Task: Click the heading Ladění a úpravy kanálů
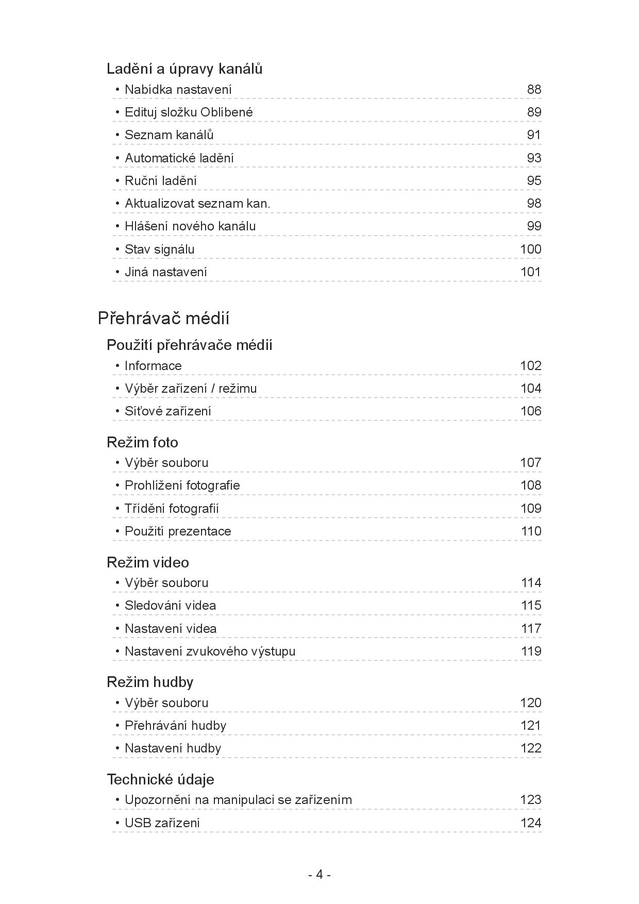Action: tap(184, 69)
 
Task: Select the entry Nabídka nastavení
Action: tap(178, 90)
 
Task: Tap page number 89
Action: tap(534, 112)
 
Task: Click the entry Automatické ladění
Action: tap(179, 158)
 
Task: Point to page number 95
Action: tap(534, 181)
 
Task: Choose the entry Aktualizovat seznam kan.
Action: tap(197, 204)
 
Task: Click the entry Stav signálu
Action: tap(159, 249)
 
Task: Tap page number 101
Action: tap(530, 272)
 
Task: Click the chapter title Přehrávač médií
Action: tap(163, 319)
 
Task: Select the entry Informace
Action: tap(153, 366)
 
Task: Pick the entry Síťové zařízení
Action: tap(167, 411)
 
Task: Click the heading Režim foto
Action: tap(142, 442)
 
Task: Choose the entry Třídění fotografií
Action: tap(172, 509)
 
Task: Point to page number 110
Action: tap(531, 531)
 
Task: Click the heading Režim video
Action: tap(148, 562)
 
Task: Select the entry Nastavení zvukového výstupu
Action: tap(210, 651)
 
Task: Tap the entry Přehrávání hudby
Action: tap(175, 726)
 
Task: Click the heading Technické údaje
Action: tap(160, 779)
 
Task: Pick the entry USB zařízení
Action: tap(162, 823)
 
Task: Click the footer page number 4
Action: tap(320, 875)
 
